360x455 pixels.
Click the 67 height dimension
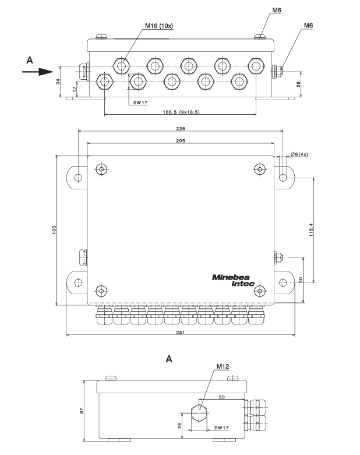[x=82, y=411]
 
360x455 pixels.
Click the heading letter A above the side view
[x=170, y=359]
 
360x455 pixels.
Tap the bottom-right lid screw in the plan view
[x=260, y=290]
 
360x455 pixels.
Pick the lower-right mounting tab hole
[x=283, y=283]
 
